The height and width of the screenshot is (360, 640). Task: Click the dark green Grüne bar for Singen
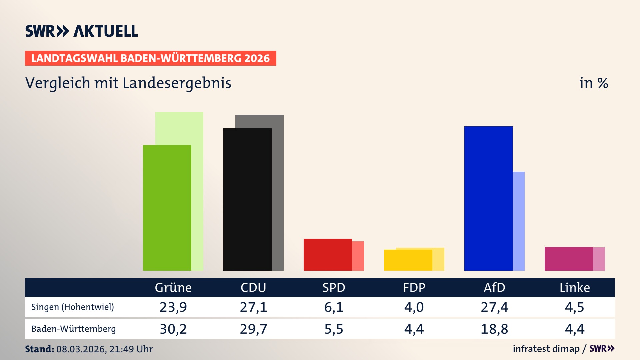tap(167, 208)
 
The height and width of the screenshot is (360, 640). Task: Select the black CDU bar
tap(247, 199)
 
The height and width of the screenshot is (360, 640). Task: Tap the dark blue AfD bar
tap(488, 198)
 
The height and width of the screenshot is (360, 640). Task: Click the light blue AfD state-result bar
tap(519, 221)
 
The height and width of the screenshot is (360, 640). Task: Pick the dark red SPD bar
tap(328, 255)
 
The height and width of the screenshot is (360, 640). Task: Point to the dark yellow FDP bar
tap(408, 260)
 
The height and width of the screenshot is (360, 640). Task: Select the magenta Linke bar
tap(569, 259)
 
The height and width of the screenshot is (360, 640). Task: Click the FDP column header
tap(414, 288)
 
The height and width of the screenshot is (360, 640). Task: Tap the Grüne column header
tap(173, 288)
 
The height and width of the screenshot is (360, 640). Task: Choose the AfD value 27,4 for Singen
tap(494, 307)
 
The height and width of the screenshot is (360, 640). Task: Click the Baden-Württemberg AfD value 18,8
tap(494, 329)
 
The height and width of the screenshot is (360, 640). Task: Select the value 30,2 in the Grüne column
tap(173, 329)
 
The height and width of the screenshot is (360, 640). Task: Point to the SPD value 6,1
tap(334, 307)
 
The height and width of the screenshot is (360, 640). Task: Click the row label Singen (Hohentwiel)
tap(73, 307)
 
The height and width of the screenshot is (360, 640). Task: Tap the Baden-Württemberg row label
tap(74, 329)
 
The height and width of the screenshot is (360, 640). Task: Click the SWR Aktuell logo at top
tap(82, 31)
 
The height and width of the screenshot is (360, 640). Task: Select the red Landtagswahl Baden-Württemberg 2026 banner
tap(150, 58)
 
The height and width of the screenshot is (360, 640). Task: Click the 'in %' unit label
tap(594, 83)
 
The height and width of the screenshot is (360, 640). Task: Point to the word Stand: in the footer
tap(39, 349)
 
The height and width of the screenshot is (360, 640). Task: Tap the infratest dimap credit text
tap(546, 349)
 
